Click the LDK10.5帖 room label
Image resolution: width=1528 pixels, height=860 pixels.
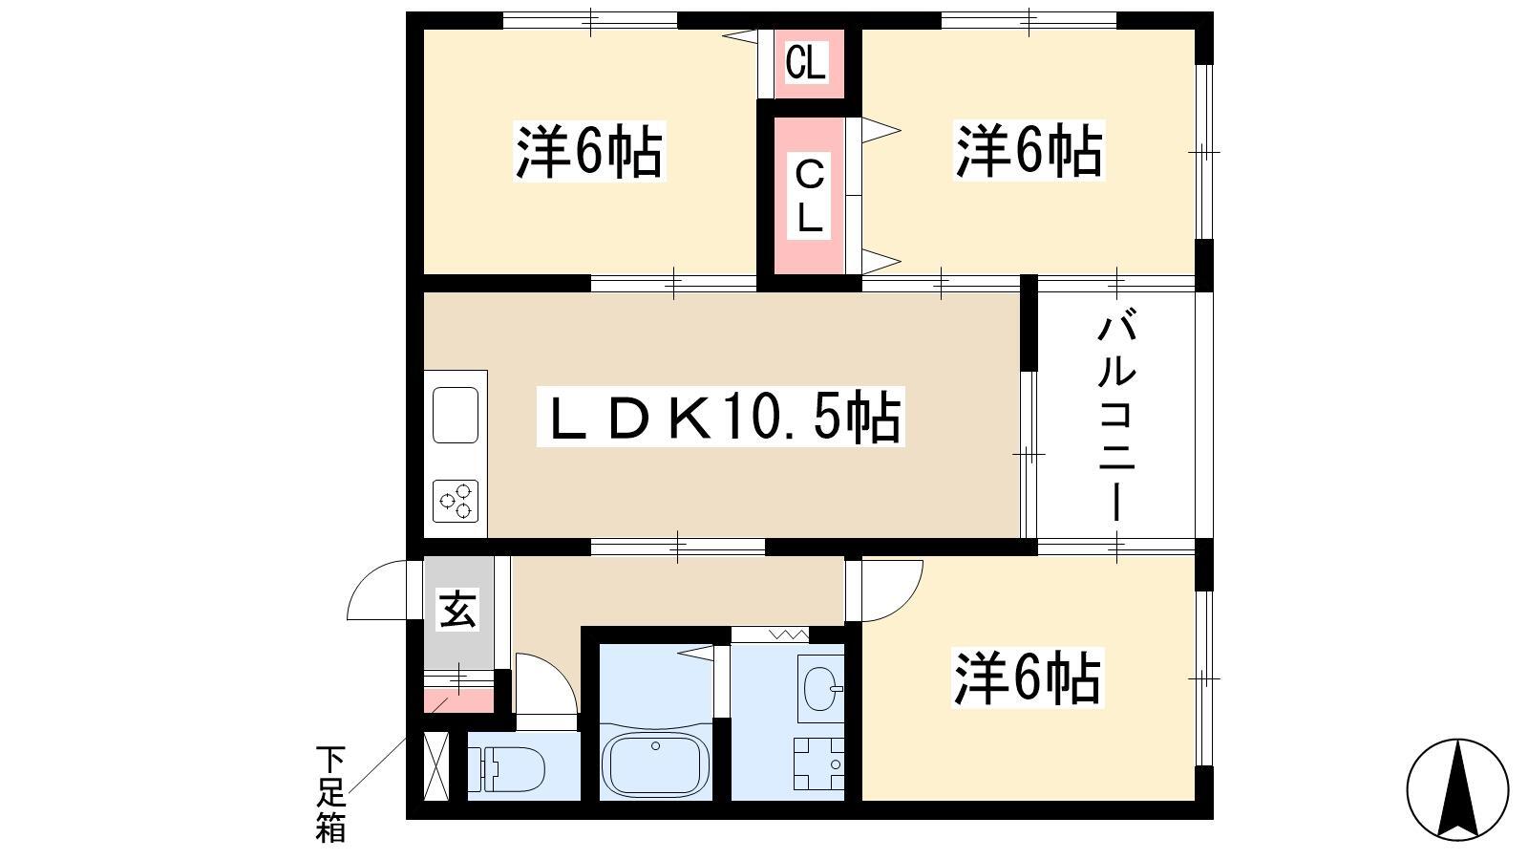click(x=721, y=417)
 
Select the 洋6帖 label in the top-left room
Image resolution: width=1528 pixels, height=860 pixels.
click(x=588, y=151)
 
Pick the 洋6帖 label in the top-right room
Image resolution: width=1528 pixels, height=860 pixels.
click(x=1029, y=151)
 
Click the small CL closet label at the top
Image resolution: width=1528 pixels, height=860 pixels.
click(x=806, y=62)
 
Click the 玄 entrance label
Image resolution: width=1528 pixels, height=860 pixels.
click(x=457, y=610)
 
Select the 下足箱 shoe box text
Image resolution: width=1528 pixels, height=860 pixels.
click(x=330, y=794)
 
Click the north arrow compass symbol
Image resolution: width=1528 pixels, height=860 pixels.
click(x=1457, y=789)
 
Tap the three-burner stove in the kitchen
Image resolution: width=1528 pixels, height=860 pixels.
click(x=456, y=501)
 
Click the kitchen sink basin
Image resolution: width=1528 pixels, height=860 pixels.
click(x=455, y=415)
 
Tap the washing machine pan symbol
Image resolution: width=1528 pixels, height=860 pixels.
click(x=818, y=763)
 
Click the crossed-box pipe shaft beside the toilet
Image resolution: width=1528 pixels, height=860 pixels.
click(x=436, y=765)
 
